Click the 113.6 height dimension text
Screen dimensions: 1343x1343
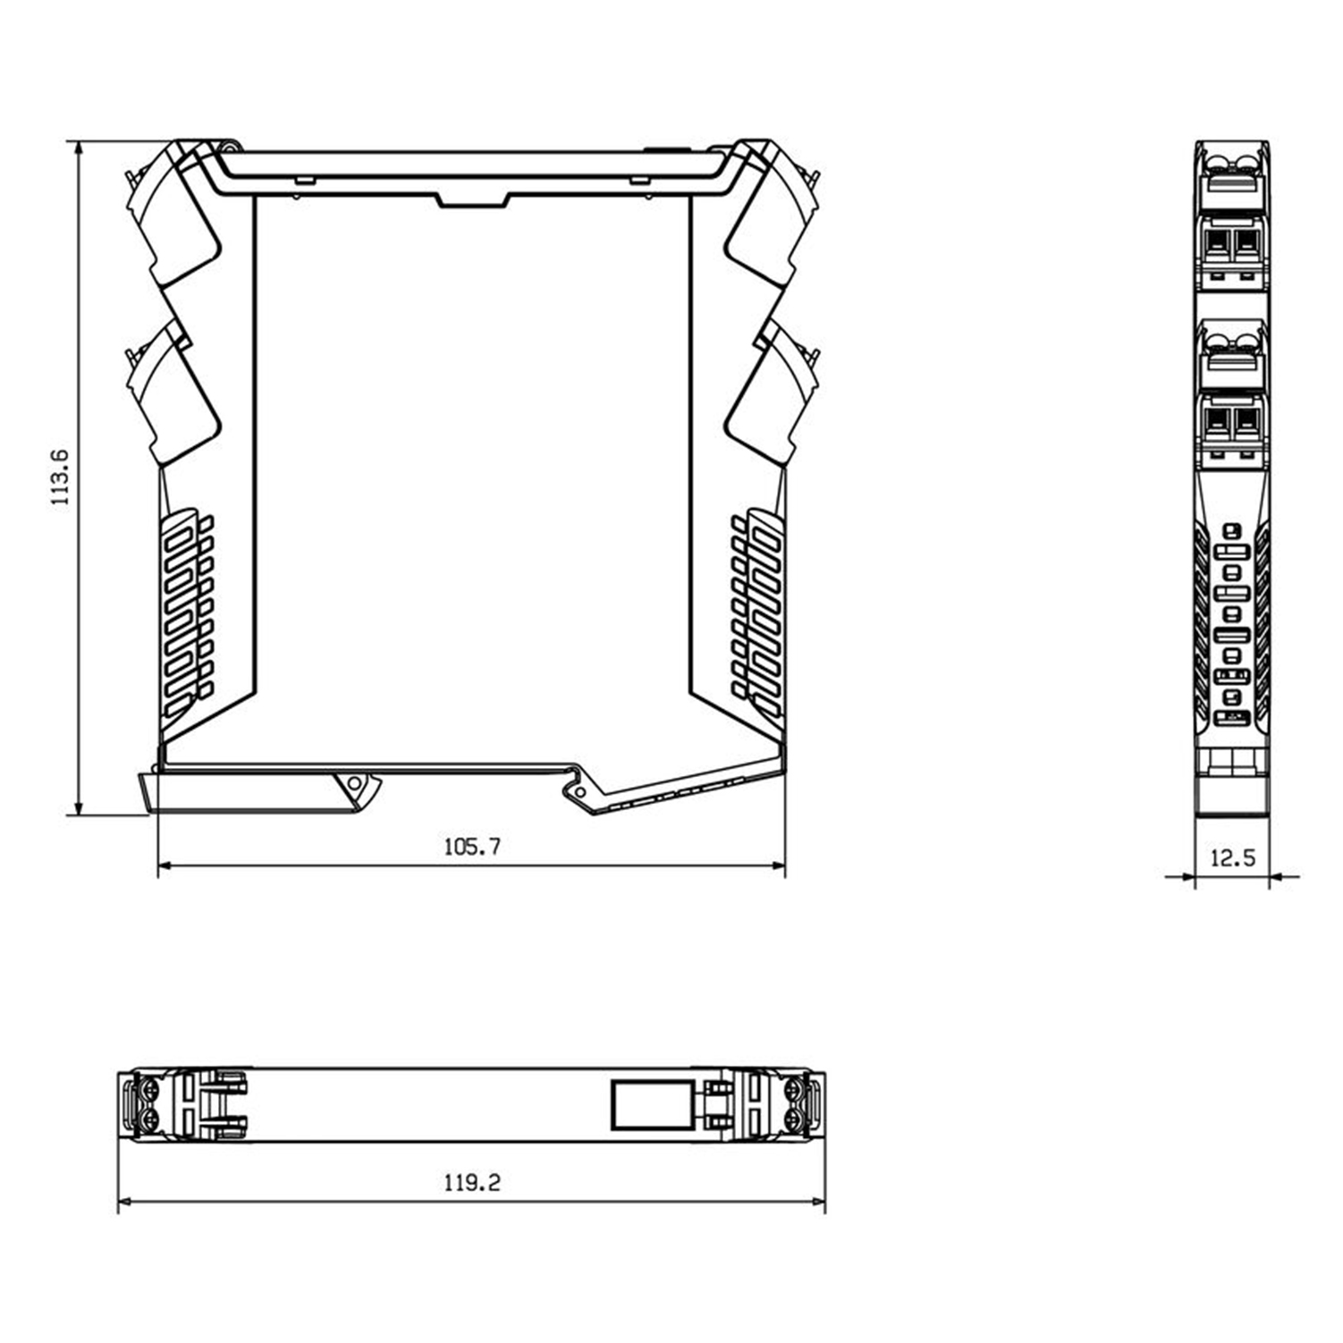tap(60, 477)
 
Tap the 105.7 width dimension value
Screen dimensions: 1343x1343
tap(472, 846)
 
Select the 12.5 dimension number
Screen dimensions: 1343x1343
tap(1232, 858)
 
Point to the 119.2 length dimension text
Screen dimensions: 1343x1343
tap(472, 1183)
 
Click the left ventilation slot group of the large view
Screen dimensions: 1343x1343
tap(188, 612)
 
